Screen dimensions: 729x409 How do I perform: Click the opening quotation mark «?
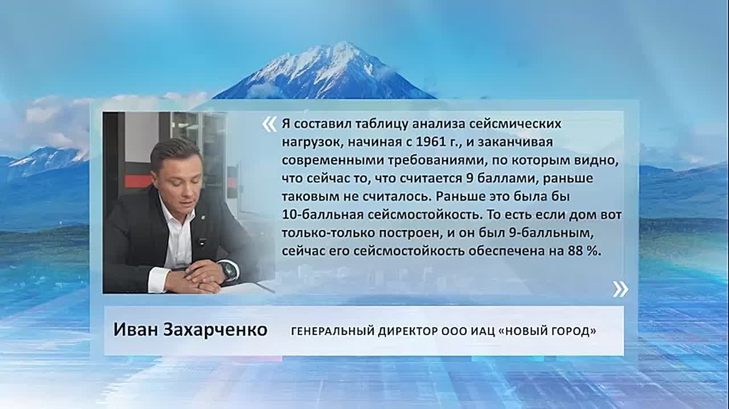click(x=269, y=125)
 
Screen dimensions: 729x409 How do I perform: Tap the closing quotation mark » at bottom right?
click(x=621, y=289)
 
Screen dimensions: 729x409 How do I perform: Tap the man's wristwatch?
click(x=228, y=271)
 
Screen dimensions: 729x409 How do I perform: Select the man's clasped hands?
click(x=199, y=277)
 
